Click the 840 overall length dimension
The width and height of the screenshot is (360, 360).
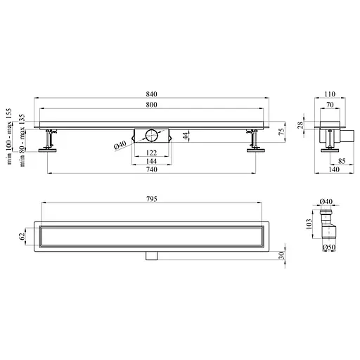tap(151, 94)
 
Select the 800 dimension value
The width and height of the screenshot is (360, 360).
tap(151, 105)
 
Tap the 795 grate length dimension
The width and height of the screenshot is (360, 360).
tap(152, 199)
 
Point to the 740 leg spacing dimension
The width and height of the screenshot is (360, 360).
tap(152, 169)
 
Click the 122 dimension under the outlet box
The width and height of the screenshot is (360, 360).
tap(151, 153)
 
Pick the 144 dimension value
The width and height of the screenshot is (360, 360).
tap(151, 161)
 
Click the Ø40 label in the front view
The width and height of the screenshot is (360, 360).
tap(120, 145)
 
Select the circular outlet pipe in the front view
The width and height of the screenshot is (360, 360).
tap(152, 135)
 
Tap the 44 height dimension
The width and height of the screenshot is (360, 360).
tap(186, 136)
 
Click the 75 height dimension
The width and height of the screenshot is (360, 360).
tap(282, 131)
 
